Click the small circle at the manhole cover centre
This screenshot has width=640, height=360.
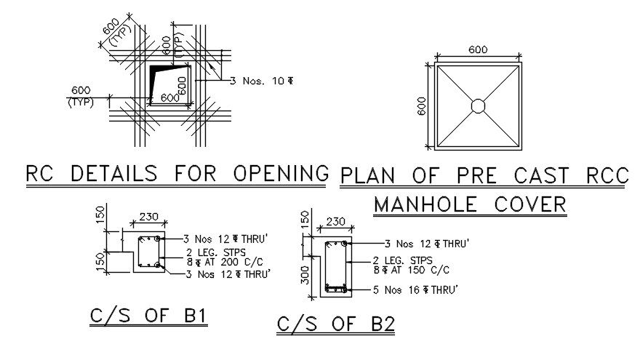[x=478, y=106]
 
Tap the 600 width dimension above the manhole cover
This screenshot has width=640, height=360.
[x=477, y=50]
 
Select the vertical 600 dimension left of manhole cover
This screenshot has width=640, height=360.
[x=420, y=106]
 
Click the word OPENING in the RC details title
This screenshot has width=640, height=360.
[x=280, y=174]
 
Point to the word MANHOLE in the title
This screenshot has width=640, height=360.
[x=421, y=204]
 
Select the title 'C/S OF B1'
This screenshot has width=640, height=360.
[x=148, y=316]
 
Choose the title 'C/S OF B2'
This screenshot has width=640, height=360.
[x=335, y=324]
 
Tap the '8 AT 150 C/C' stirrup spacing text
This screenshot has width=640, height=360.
[x=411, y=269]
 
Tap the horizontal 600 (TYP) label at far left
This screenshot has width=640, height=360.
[x=81, y=96]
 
